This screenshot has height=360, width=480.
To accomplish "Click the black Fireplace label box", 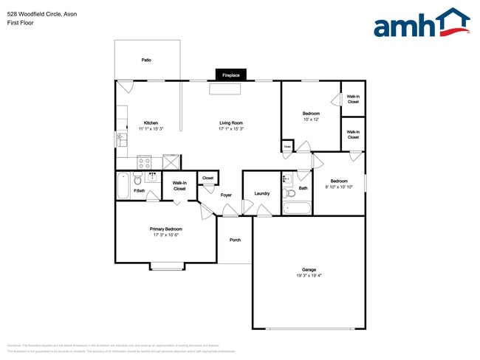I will [x=230, y=75].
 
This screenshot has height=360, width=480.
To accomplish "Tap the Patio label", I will [x=146, y=60].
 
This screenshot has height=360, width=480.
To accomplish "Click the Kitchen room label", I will [x=151, y=122].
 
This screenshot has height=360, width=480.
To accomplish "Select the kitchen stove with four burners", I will [x=145, y=162].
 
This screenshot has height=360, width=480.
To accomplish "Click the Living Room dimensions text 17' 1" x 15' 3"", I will [x=231, y=129].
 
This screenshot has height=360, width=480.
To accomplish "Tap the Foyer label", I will [x=226, y=195].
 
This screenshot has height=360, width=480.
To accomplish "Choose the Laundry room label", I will [x=261, y=193].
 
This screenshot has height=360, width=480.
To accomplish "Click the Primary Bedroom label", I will [x=167, y=229].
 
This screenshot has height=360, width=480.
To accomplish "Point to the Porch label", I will [x=235, y=240].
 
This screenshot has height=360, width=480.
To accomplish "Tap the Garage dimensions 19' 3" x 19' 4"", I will [x=309, y=276].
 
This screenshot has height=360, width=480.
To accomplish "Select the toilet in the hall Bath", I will [x=287, y=179].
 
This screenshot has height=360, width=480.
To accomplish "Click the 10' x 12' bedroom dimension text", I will [x=311, y=120].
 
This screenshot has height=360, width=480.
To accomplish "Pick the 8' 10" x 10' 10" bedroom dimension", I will [x=339, y=187].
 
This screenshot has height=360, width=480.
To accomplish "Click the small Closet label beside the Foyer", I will [x=208, y=178].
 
